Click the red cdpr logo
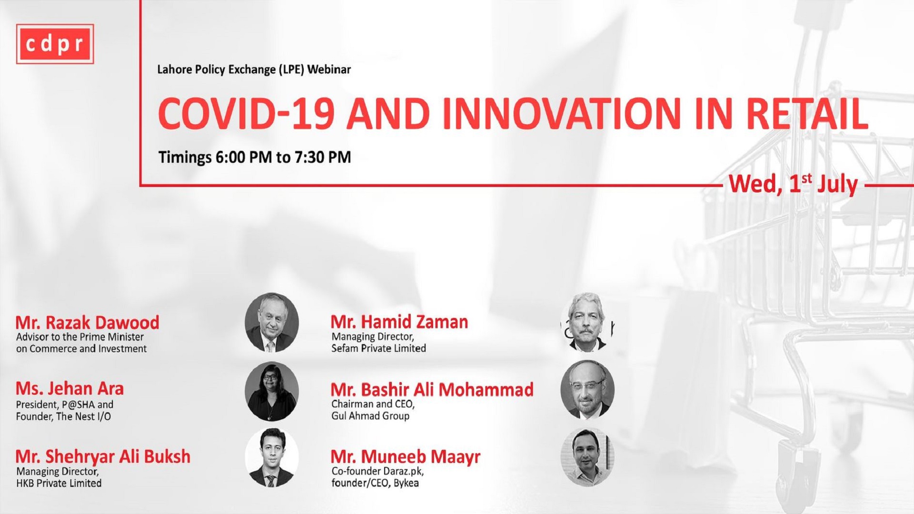coord(55,44)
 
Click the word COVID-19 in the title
coord(246,114)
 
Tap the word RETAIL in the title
coord(807,114)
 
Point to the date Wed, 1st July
coord(794,184)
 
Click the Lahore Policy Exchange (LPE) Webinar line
coord(254,69)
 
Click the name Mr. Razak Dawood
coord(87,323)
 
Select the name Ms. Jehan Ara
coord(70,389)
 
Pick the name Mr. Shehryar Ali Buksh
coord(103,457)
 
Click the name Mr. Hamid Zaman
coord(399,322)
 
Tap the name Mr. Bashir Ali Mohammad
coord(432,390)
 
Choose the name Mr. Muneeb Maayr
coord(406,457)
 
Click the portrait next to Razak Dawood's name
coord(272,323)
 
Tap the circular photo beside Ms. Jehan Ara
coord(272,391)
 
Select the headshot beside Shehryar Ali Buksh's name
coord(272,457)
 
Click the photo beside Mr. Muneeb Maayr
coord(587,457)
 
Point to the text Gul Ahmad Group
coord(370,416)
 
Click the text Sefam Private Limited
coord(379,348)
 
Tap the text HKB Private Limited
coord(59,483)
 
